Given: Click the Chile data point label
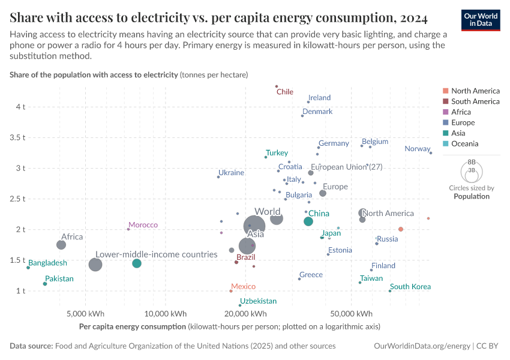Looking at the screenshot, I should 284,92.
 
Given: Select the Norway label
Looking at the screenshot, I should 417,149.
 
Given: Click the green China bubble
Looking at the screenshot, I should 308,221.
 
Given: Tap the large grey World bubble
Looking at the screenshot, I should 276,218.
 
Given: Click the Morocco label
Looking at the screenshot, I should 143,225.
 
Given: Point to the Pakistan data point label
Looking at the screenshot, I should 59,278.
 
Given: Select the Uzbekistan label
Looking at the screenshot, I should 258,301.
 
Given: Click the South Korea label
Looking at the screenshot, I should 410,287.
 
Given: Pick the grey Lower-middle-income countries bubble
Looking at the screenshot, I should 95,265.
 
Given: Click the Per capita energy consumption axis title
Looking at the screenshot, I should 132,326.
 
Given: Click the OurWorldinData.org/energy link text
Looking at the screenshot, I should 422,346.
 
